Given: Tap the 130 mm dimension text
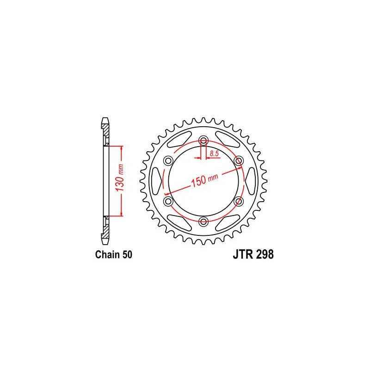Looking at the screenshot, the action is coord(120,178).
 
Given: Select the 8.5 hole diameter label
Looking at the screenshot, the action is coord(214,154).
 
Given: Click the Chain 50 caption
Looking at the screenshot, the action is coord(113,255).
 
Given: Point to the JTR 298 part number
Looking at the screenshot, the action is coord(253,254).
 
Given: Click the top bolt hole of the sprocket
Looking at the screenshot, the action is coord(203,141).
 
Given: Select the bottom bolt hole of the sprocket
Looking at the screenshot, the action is coord(203,222).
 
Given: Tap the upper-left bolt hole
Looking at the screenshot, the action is coord(168,161).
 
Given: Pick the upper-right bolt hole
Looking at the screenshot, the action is coord(238,161).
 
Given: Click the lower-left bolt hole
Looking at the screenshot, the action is coord(168,201).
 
